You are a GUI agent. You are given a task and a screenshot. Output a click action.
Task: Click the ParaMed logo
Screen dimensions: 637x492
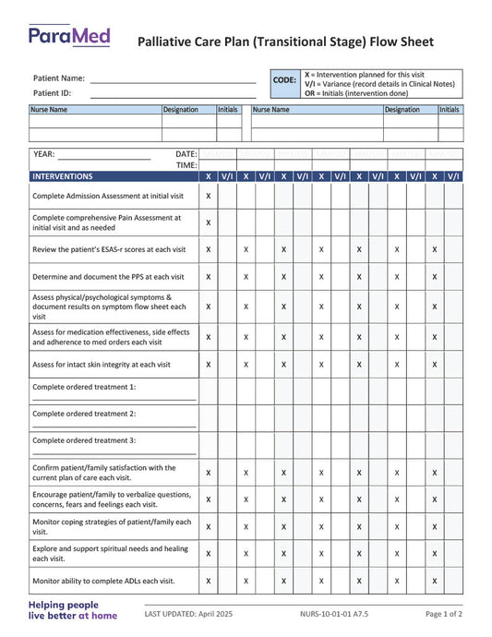68,37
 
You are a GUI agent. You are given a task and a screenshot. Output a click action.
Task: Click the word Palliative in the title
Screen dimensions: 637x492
167,42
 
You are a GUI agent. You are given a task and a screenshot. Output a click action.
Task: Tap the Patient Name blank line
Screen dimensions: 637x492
173,80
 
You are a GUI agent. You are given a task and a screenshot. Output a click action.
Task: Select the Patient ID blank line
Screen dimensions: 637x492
173,94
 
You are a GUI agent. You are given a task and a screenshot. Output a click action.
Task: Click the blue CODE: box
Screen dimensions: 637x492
284,81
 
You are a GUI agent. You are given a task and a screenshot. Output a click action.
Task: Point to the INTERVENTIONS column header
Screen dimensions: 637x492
63,176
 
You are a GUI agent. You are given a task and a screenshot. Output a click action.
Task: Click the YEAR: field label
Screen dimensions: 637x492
43,154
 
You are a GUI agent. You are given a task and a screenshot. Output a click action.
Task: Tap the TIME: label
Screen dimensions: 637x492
186,165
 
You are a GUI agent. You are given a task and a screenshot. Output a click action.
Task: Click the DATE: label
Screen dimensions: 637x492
186,154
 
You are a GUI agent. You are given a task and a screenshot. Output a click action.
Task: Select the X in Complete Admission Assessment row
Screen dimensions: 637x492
208,196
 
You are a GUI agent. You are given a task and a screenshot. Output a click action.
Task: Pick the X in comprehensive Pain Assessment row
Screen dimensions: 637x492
208,222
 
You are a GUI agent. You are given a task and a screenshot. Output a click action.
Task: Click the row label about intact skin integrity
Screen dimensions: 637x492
102,365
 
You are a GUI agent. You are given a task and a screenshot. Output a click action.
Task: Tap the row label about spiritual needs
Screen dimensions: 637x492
110,553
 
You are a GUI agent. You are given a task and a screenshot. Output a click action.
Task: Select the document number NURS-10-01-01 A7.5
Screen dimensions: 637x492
333,614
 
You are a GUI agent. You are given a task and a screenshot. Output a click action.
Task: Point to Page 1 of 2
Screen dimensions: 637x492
444,614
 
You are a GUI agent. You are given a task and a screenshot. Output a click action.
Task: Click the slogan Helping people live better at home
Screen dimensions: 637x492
73,610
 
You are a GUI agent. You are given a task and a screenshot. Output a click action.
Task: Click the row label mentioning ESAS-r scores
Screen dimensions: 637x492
109,249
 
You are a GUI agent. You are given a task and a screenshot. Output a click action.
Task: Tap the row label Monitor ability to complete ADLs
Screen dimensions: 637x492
103,582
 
